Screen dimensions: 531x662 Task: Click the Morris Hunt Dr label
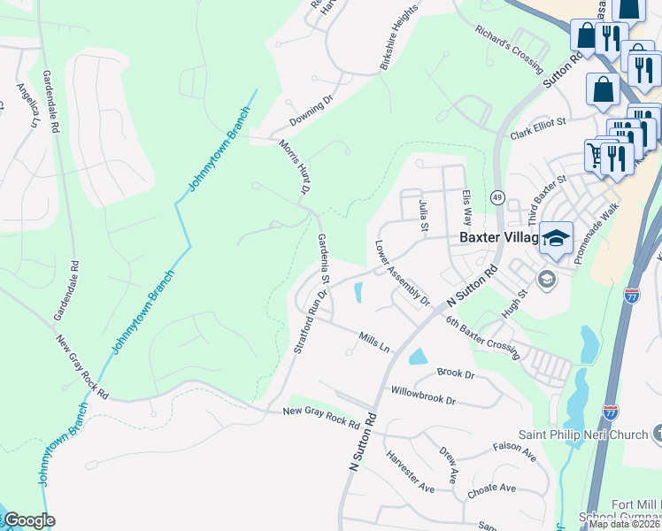[x=294, y=167]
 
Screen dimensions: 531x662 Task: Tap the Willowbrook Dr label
[x=423, y=395]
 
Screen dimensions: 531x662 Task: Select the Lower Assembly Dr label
[x=402, y=273]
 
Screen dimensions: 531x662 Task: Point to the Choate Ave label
[x=492, y=489]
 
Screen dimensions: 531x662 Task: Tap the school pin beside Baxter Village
[x=556, y=238]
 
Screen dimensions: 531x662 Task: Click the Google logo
[x=28, y=520]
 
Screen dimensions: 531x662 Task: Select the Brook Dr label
[x=456, y=374]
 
